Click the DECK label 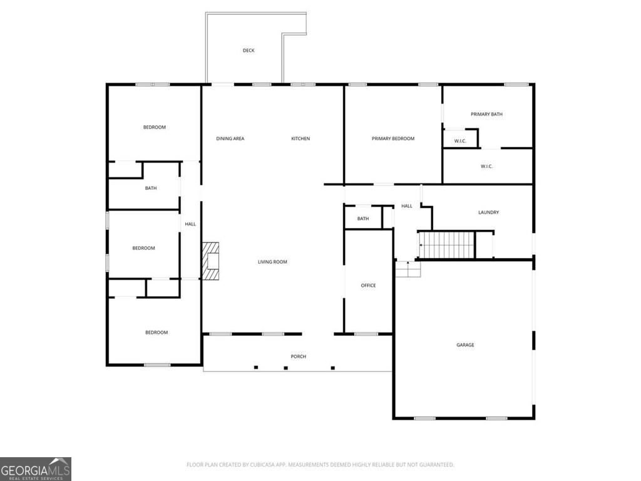tap(249, 51)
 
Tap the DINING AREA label tap(230, 138)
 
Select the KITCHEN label tap(300, 138)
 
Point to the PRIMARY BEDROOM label tap(393, 138)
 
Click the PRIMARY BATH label tap(486, 114)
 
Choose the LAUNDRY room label tap(488, 212)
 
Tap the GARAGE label tap(465, 345)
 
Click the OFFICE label tap(368, 286)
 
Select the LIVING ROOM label tap(272, 262)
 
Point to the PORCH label tap(298, 356)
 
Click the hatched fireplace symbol tap(211, 260)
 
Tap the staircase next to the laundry tap(446, 244)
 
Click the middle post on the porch tap(285, 368)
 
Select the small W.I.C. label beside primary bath tap(460, 141)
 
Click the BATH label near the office tap(363, 219)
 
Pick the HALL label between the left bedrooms tap(190, 224)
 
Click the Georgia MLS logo tap(36, 469)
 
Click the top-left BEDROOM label tap(155, 127)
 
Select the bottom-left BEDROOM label tap(156, 333)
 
